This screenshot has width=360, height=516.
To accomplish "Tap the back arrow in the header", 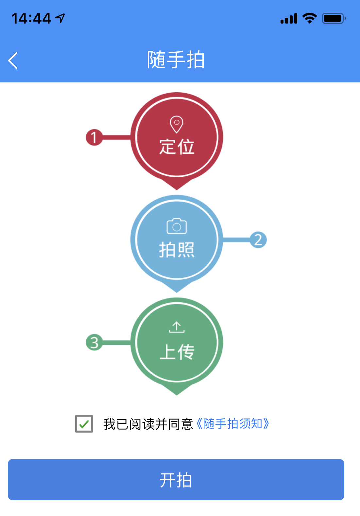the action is [12, 60].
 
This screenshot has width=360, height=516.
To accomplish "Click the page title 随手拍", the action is [176, 60].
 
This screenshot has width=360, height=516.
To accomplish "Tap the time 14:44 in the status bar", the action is [31, 18].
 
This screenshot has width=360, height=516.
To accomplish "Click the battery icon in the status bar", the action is [334, 18].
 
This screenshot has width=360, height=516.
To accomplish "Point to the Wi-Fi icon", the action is [310, 18].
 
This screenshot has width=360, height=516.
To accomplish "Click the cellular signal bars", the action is [289, 18].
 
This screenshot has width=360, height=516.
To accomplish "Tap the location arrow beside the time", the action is [60, 18].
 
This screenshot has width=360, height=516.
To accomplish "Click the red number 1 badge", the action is [94, 137].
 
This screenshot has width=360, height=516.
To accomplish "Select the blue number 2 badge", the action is [258, 240].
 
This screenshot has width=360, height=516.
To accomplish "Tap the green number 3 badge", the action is [94, 342].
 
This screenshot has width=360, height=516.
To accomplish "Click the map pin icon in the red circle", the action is [177, 124].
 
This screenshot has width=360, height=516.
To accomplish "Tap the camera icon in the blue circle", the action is [177, 226].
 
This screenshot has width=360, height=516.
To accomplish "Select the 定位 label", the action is [177, 147].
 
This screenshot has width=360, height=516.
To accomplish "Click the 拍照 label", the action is [177, 249].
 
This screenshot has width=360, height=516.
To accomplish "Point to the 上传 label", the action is [177, 352].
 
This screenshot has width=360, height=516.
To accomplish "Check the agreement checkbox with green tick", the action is [84, 424].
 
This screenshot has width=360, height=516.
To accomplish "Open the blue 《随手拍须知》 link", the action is [232, 424].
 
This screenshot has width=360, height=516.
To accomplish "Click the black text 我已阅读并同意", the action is [148, 424].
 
